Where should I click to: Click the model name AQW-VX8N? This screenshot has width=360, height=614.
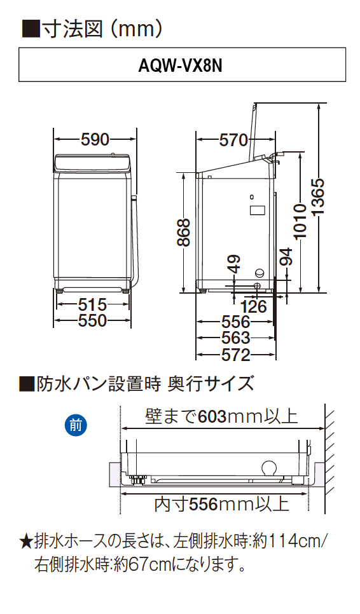(x=180, y=66)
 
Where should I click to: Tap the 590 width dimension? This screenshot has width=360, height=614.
(x=95, y=139)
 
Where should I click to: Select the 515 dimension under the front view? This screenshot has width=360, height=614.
(x=92, y=304)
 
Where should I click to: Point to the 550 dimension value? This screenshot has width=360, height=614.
(x=92, y=321)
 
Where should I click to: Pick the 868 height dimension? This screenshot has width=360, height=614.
(x=183, y=233)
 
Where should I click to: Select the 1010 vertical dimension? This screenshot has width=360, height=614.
(x=300, y=221)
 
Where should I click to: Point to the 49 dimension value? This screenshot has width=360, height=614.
(x=234, y=264)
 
